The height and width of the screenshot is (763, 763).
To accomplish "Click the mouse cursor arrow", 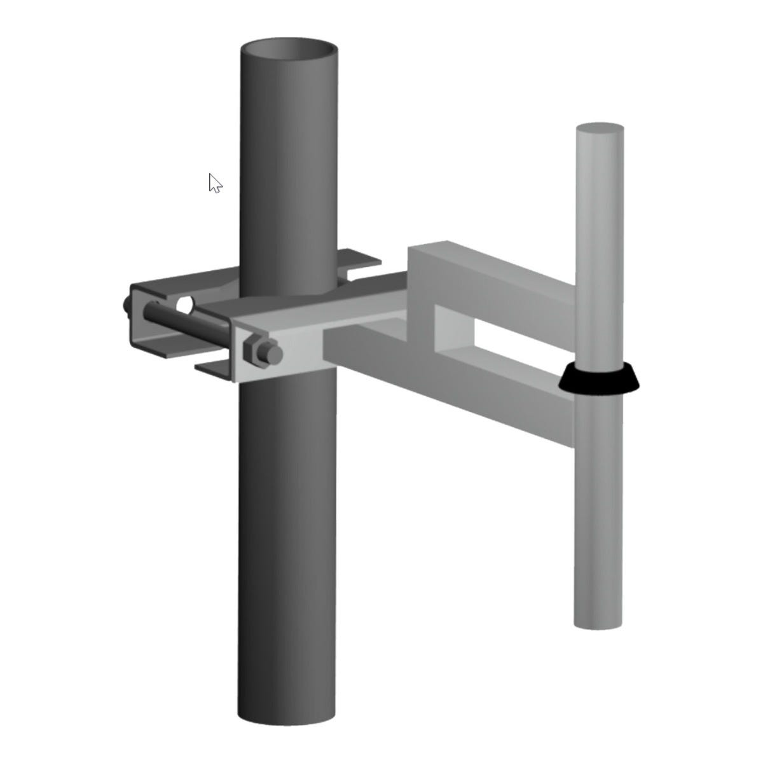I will click(215, 183).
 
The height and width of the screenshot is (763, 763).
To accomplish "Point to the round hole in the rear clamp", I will click(184, 305).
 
